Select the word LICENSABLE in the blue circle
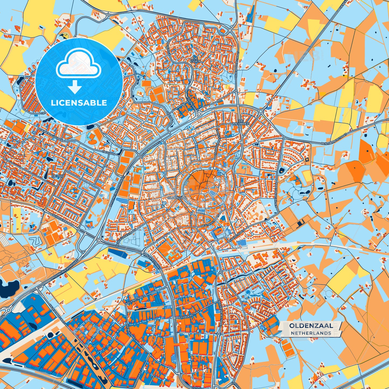pyautogui.click(x=79, y=103)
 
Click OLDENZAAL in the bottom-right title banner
pyautogui.click(x=311, y=326)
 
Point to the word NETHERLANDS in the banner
pyautogui.click(x=311, y=333)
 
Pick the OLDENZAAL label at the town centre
pyautogui.click(x=177, y=197)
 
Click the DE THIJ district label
pyautogui.click(x=56, y=176)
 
